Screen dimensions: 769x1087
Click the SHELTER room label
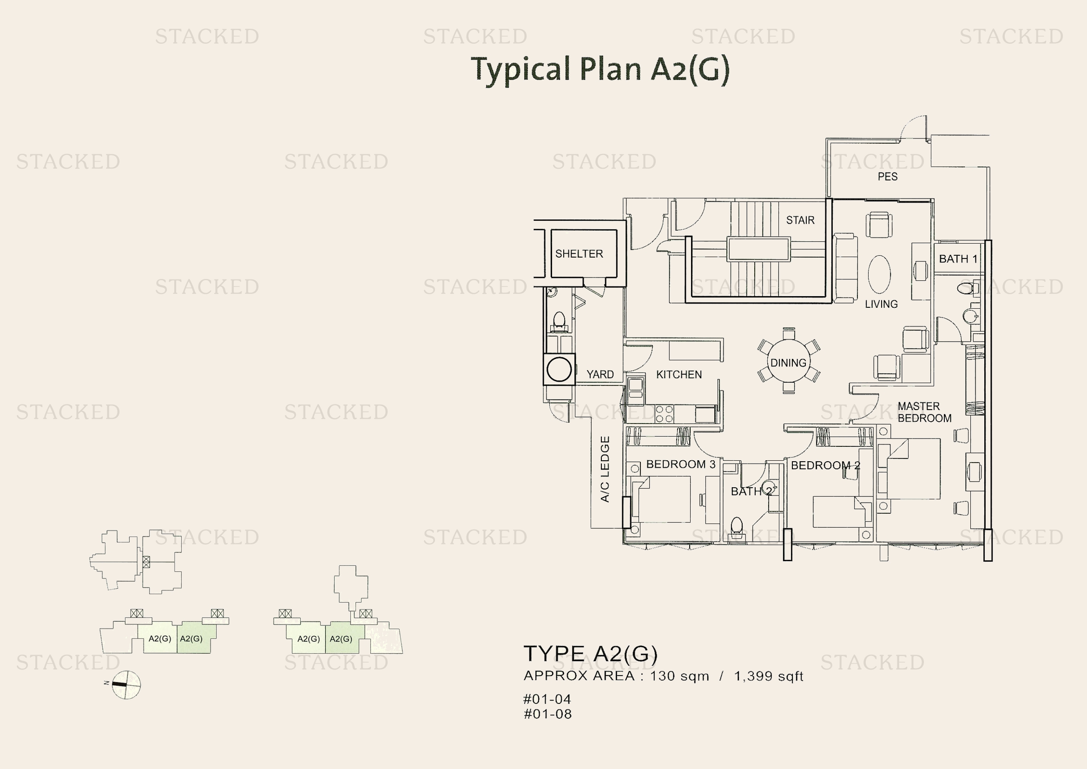(579, 254)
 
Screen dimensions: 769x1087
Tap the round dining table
(788, 362)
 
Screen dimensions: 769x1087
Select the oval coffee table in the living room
(879, 275)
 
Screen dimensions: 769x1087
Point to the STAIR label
(800, 220)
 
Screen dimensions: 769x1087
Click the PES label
(887, 177)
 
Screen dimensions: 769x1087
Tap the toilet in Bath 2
(737, 527)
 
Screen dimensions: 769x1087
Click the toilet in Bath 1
(965, 288)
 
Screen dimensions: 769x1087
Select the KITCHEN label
(679, 375)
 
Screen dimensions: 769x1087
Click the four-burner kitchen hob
(664, 414)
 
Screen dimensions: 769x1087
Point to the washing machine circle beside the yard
(559, 369)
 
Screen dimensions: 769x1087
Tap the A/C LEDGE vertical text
(605, 469)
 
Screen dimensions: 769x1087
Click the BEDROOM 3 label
(680, 464)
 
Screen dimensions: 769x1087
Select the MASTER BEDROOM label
(924, 412)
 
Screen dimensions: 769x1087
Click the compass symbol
(126, 685)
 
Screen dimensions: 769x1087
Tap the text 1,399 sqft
(768, 676)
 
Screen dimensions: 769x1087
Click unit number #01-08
(547, 714)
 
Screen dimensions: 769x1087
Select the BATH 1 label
(958, 259)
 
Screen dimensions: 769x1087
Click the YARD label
(600, 375)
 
